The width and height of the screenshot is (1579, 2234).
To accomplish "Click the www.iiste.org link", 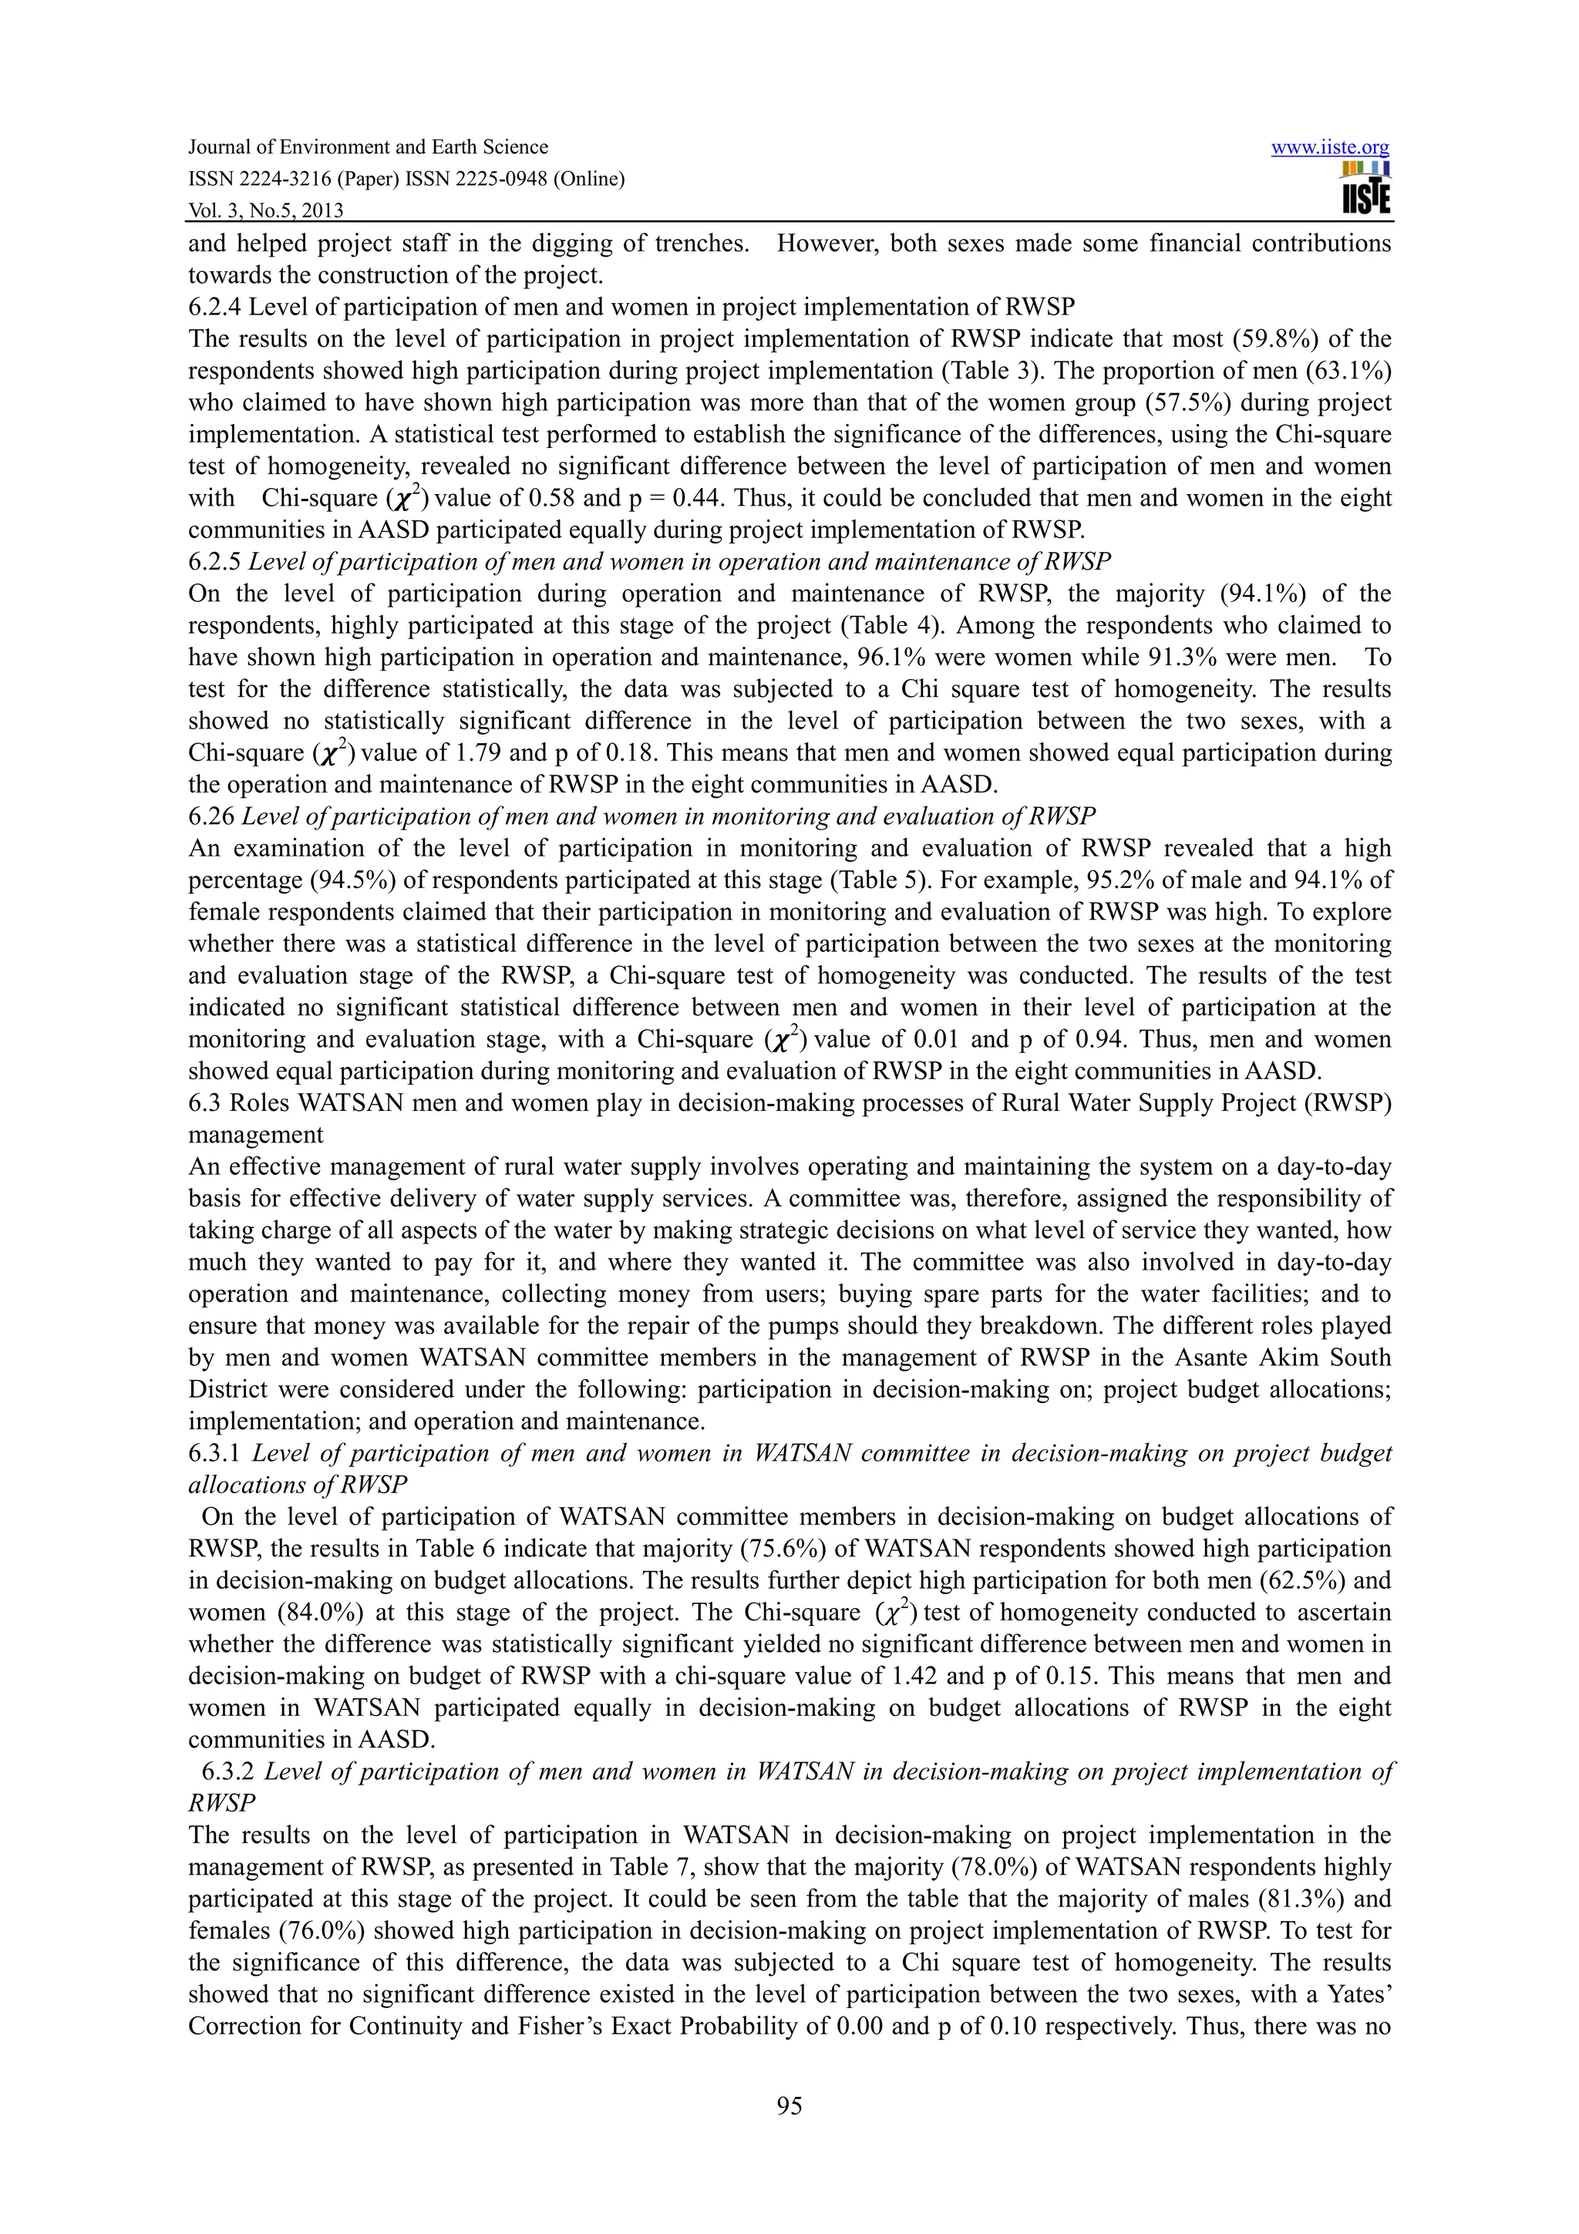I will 1330,148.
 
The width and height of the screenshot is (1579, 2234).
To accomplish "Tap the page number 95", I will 789,2107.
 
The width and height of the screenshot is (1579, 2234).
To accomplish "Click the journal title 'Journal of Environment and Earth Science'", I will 368,147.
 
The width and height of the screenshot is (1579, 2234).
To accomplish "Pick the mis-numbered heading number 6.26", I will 208,816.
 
